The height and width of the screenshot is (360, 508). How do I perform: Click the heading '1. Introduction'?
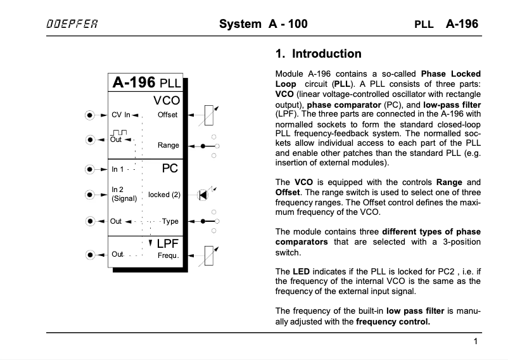pyautogui.click(x=319, y=54)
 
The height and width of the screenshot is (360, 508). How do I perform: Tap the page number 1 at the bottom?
pyautogui.click(x=475, y=342)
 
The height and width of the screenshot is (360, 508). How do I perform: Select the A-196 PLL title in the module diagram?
pyautogui.click(x=146, y=82)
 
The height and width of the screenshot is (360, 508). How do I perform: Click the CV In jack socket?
pyautogui.click(x=90, y=115)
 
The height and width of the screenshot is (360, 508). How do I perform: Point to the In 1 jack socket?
pyautogui.click(x=90, y=169)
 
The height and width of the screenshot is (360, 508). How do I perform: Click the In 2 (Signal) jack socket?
pyautogui.click(x=90, y=194)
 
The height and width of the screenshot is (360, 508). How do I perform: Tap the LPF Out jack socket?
pyautogui.click(x=90, y=255)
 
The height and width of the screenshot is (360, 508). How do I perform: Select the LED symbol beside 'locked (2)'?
pyautogui.click(x=203, y=194)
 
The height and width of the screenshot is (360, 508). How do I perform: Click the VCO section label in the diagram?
pyautogui.click(x=167, y=100)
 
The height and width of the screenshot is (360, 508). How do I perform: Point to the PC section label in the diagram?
pyautogui.click(x=169, y=168)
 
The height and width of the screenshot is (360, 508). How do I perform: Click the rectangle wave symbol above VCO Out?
pyautogui.click(x=118, y=132)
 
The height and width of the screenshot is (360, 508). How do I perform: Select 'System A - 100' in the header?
pyautogui.click(x=263, y=25)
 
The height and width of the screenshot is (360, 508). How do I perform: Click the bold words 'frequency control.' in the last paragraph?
pyautogui.click(x=393, y=321)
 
